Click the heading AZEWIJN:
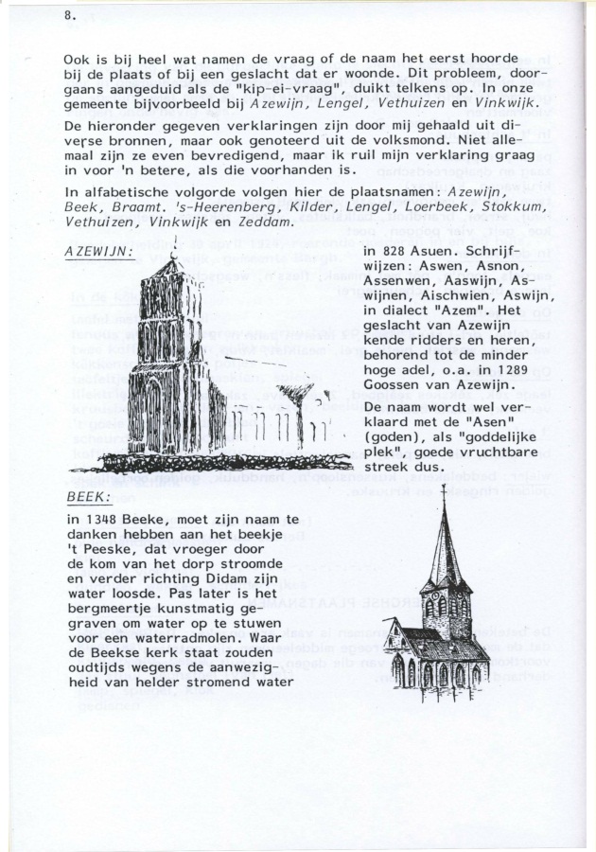pos(99,252)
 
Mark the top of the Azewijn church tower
pos(174,257)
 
